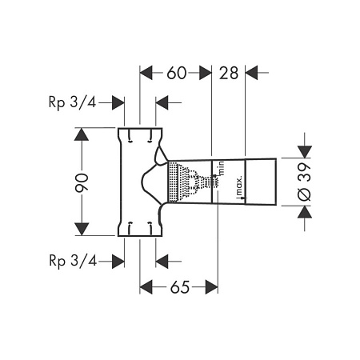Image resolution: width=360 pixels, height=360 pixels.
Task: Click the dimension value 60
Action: [x=177, y=73]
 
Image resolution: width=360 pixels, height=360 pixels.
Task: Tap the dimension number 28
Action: [x=229, y=73]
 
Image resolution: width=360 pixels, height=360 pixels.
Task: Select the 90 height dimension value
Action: [x=82, y=183]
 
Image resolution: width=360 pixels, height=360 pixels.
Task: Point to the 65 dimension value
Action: [x=180, y=287]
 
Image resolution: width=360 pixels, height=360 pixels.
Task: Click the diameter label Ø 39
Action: [x=305, y=182]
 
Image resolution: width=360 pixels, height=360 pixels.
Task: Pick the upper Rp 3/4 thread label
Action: [x=72, y=102]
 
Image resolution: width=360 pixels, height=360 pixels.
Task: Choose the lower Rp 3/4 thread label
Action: [x=73, y=261]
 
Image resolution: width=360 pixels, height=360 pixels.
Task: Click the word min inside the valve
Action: [x=221, y=168]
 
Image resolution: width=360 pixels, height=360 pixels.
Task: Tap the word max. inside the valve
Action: [x=239, y=187]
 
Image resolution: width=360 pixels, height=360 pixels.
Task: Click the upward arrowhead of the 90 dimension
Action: [x=82, y=134]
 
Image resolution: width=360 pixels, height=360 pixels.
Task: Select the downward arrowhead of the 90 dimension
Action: [x=82, y=230]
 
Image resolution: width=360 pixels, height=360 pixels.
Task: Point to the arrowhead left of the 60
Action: [x=146, y=73]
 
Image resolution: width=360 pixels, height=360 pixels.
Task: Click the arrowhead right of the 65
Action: [x=211, y=287]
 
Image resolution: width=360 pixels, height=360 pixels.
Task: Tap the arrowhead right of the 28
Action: [x=251, y=73]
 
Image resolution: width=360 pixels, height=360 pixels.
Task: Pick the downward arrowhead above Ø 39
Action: [x=305, y=151]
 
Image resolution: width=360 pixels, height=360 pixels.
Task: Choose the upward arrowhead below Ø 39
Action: [x=305, y=212]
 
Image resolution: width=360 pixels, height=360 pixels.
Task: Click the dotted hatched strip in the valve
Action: [x=173, y=182]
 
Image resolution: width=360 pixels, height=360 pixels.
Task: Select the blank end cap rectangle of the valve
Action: [x=261, y=182]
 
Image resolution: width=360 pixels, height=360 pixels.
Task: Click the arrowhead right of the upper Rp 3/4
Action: [x=118, y=102]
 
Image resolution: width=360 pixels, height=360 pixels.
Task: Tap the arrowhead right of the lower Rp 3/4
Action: [x=118, y=262]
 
